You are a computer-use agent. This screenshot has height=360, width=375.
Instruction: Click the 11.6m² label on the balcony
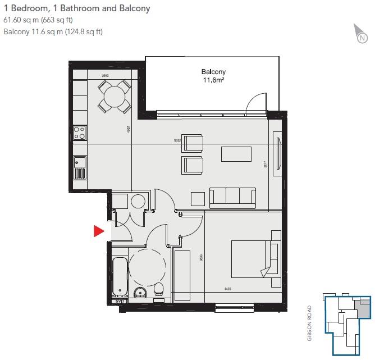tap(213, 80)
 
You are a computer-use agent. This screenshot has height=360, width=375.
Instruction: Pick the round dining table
tap(115, 96)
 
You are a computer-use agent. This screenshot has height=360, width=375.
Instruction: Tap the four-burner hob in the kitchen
tap(79, 133)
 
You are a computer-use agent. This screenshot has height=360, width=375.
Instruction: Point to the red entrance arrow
tap(99, 231)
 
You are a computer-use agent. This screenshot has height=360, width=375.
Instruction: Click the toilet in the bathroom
tap(159, 289)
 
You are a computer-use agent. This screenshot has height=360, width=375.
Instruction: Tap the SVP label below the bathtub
tap(118, 302)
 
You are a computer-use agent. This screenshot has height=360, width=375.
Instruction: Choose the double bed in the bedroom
tap(254, 258)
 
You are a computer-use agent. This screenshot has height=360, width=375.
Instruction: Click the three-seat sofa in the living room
tap(232, 197)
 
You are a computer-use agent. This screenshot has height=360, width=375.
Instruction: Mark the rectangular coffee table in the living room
tap(236, 154)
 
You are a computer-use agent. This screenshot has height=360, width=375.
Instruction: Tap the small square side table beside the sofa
tap(198, 199)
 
